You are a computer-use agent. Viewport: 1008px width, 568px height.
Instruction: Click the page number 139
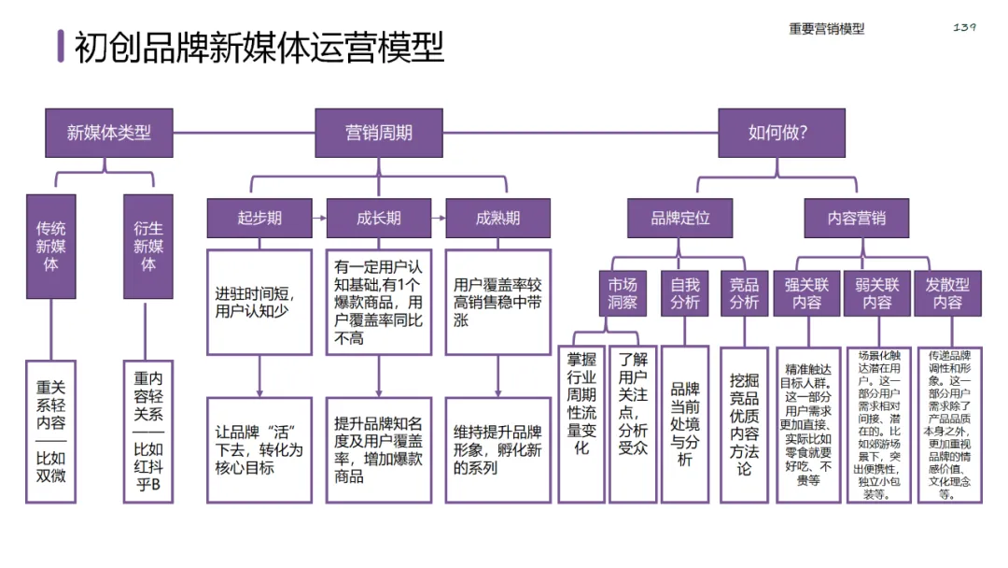pos(964,27)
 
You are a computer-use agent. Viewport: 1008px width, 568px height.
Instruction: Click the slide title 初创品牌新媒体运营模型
pos(259,46)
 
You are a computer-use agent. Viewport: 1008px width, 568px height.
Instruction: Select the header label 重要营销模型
pos(826,29)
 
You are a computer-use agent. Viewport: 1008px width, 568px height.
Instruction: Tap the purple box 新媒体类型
pos(109,133)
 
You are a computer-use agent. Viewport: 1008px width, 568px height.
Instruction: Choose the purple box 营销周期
pos(378,133)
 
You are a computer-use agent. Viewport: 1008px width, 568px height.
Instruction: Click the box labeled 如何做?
pos(780,133)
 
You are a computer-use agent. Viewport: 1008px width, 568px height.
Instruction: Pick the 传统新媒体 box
pos(52,246)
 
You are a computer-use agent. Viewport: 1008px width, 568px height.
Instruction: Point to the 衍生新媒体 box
pos(148,246)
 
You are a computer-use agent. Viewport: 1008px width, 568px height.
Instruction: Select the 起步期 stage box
pos(259,219)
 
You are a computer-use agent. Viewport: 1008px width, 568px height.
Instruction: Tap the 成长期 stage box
pos(378,219)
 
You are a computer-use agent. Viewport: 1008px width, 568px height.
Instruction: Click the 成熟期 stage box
pos(497,219)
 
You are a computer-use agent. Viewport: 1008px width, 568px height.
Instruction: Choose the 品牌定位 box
pos(680,219)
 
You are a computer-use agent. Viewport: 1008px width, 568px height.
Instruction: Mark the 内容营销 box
pos(856,219)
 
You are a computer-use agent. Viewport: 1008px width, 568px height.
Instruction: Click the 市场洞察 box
pos(622,293)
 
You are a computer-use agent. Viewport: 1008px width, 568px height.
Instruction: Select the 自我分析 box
pos(684,293)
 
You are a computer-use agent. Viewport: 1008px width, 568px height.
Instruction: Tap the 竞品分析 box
pos(744,293)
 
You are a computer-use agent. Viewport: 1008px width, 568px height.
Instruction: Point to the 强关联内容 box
pos(807,293)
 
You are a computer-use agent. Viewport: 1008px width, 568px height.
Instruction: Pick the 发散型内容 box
pos(947,293)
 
